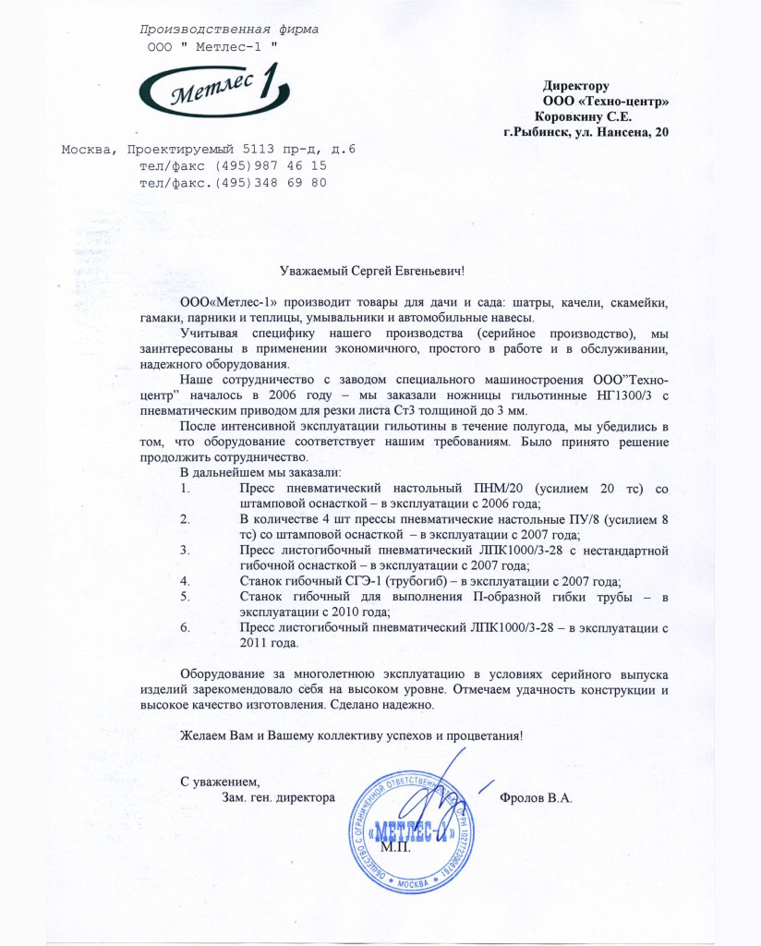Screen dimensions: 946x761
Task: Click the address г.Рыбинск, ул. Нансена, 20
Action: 586,132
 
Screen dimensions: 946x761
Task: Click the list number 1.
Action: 185,488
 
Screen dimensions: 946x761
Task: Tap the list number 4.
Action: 185,580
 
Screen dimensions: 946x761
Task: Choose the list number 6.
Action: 185,627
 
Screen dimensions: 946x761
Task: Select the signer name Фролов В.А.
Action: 536,797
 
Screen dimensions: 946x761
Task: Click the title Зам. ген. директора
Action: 278,797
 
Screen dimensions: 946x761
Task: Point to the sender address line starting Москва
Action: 209,149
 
